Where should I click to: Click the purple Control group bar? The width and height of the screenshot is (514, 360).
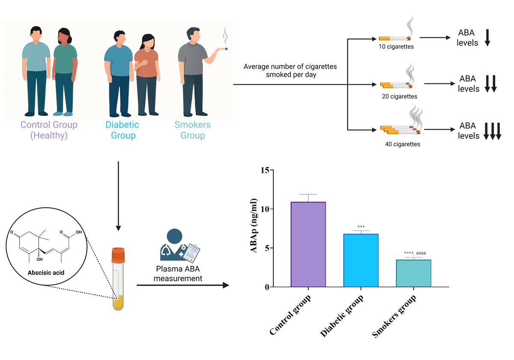(308, 244)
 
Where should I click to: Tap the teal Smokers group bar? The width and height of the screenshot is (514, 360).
(413, 273)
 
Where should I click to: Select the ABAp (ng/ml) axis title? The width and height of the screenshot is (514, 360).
(254, 225)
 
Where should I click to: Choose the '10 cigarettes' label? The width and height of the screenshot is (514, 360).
(396, 47)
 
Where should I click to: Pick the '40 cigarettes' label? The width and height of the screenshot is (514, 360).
(403, 144)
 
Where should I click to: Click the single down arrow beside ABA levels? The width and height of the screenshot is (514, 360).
(487, 38)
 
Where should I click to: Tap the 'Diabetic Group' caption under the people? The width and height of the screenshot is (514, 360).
(123, 130)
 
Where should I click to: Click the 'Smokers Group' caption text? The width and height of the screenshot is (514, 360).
(192, 130)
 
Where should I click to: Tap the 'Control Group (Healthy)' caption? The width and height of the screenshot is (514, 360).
(49, 130)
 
